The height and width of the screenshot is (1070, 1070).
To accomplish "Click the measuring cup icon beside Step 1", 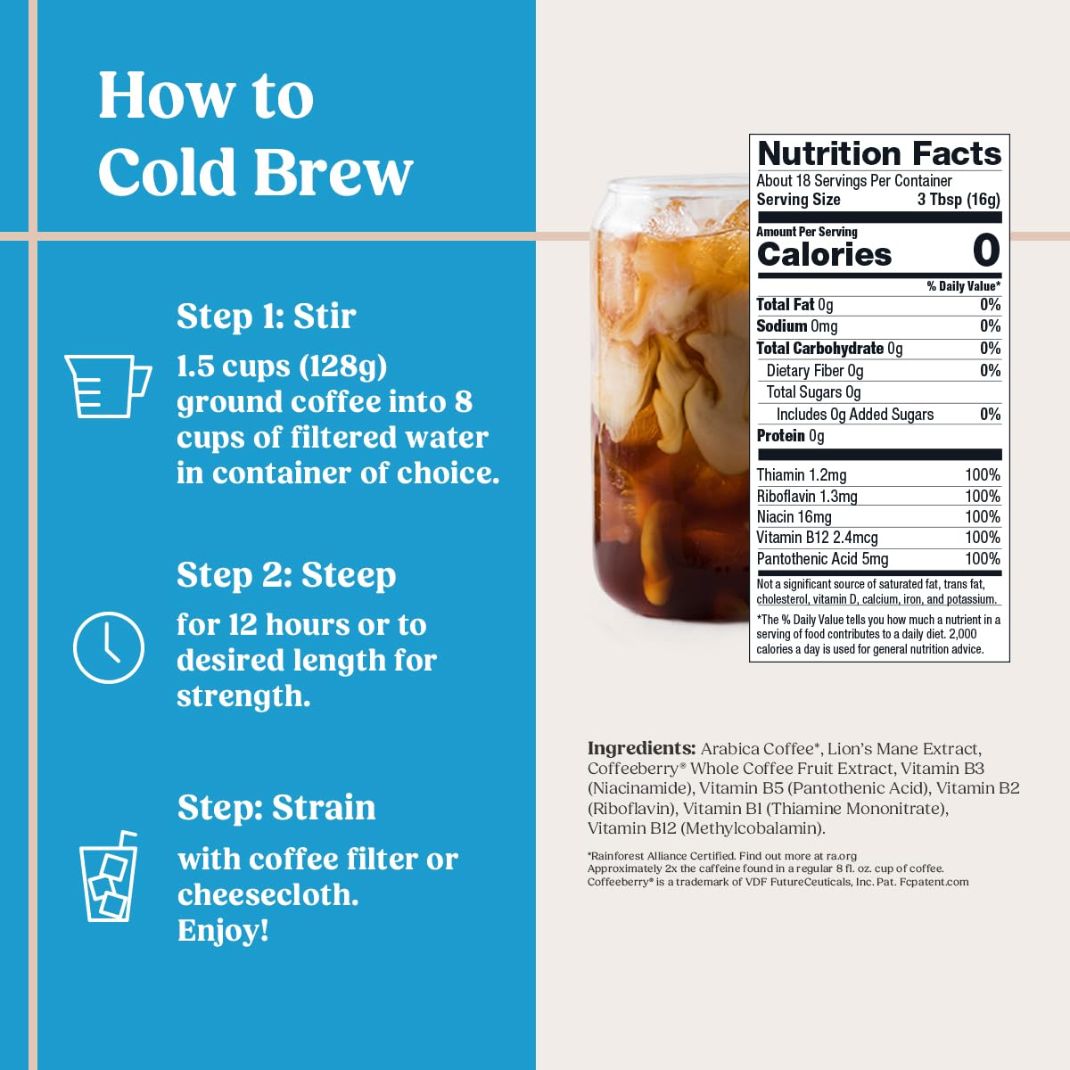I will click(x=107, y=385).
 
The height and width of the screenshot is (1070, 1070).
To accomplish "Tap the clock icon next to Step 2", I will click(x=108, y=648).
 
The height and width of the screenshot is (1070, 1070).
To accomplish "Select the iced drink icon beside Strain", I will click(x=109, y=877).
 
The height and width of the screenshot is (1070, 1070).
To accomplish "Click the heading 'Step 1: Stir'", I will click(x=266, y=317).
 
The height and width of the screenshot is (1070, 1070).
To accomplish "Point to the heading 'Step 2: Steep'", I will click(x=285, y=575).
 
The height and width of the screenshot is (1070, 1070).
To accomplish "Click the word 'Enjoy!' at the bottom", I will click(x=223, y=930).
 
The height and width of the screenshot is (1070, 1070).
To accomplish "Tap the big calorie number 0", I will click(x=985, y=251).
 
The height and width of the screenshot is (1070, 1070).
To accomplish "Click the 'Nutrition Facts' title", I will click(x=878, y=153).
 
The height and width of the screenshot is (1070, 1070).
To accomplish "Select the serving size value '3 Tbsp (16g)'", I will click(x=959, y=200).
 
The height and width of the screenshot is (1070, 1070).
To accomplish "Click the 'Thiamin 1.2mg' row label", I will click(x=801, y=475).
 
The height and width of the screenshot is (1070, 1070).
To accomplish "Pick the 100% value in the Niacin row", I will click(x=982, y=517).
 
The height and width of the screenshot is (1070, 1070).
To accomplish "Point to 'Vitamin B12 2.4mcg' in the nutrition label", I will click(x=817, y=538).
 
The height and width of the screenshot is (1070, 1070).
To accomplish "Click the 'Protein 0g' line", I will click(x=790, y=436).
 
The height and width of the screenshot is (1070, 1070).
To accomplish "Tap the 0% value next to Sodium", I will click(x=990, y=326).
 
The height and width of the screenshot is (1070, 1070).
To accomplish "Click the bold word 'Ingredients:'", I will click(x=641, y=749).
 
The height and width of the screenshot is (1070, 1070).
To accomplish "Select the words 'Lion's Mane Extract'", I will click(x=903, y=749).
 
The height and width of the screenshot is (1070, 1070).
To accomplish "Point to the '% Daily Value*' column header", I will click(x=963, y=286).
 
